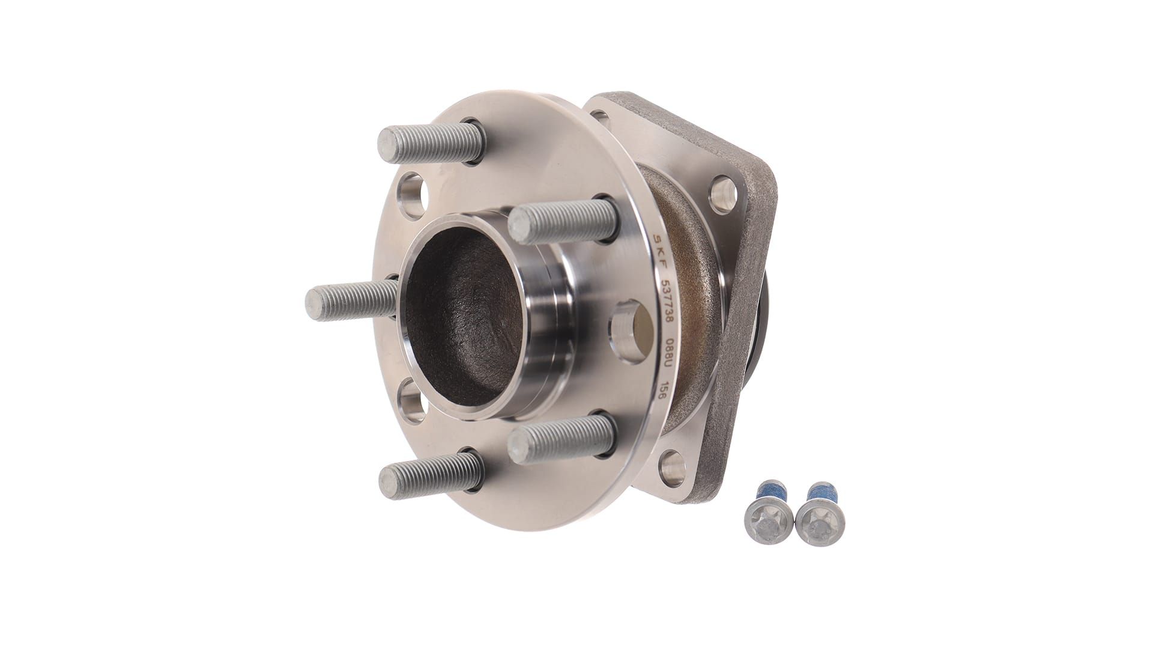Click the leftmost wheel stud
coord(352,300)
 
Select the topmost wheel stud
coord(431,143)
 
